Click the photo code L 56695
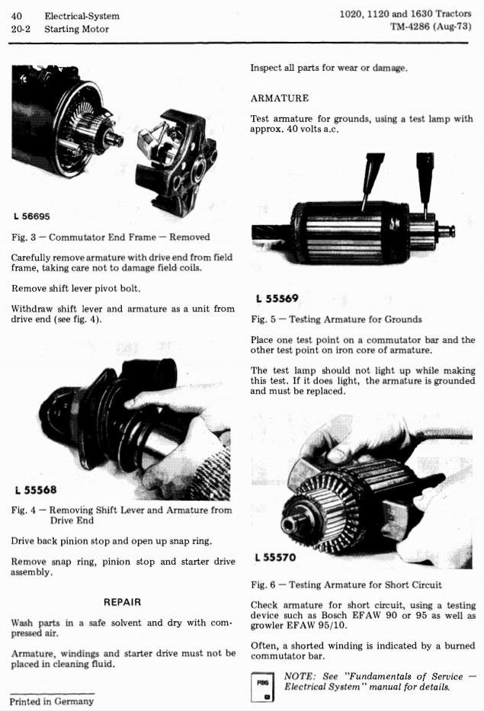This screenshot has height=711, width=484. pos(32,216)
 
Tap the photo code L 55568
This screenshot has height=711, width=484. pos(36,490)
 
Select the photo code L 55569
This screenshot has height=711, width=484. pos(277,299)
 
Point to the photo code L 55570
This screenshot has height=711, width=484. pos(275,557)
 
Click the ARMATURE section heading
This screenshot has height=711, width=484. pos(280,98)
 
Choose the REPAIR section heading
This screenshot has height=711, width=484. pos(123,602)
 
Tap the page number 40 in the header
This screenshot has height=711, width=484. pos(16,16)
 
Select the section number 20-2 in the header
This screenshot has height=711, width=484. pos(21,29)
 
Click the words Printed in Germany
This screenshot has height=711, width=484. pos(52,701)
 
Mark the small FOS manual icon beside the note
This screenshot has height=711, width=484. pos(263,687)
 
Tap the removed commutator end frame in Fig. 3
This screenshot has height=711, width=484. pos(177,160)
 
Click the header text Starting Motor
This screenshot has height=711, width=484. pos(77,29)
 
